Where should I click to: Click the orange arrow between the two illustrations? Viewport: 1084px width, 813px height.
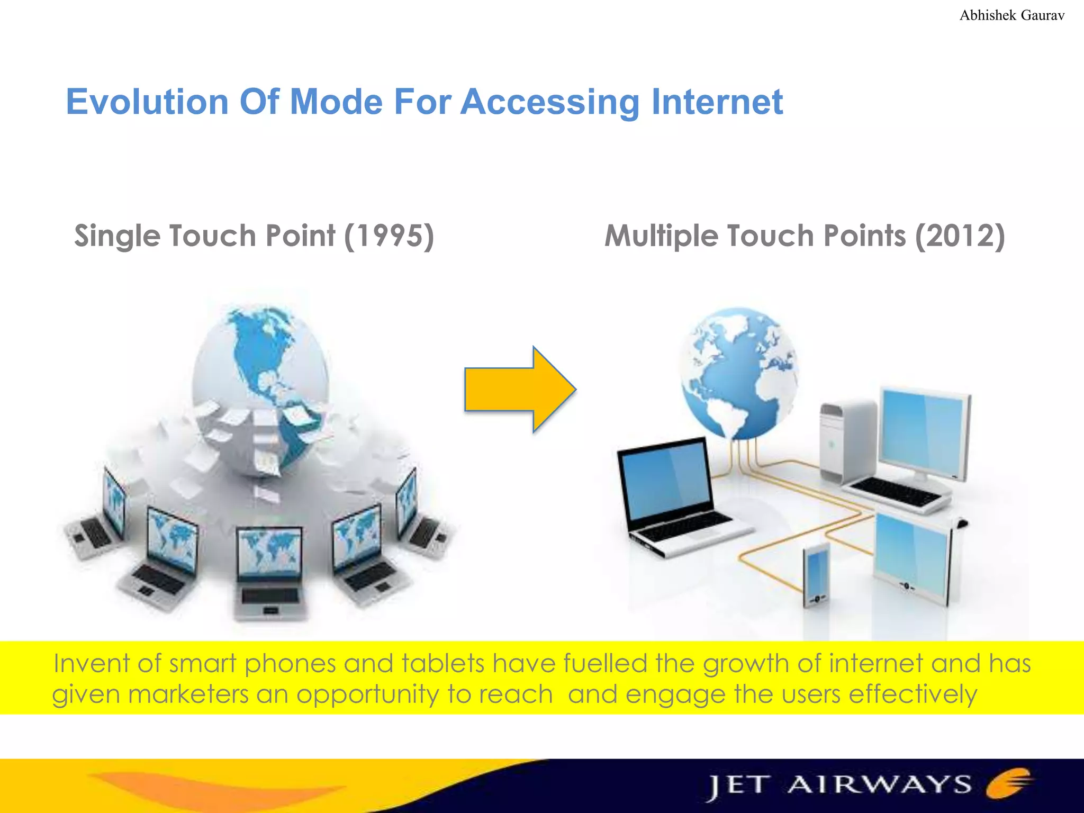point(516,390)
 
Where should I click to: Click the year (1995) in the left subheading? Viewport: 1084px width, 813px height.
point(389,236)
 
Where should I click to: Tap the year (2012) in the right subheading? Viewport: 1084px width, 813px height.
point(960,236)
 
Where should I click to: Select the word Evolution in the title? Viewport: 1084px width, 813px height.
point(147,102)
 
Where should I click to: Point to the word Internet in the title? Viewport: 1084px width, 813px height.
point(717,102)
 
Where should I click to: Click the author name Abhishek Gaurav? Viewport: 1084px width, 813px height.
point(1011,15)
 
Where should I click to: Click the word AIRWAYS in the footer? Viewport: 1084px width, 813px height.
point(879,785)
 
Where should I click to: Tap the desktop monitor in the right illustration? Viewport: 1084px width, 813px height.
point(924,431)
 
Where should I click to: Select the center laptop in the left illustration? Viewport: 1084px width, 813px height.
point(270,574)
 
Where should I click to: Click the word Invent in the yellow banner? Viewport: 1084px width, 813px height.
point(91,664)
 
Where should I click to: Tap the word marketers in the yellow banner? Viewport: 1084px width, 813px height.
point(188,694)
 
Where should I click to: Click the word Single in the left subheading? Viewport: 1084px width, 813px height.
point(116,236)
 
